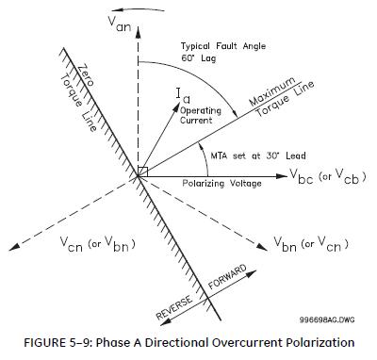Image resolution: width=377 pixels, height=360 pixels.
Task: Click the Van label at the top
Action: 120,24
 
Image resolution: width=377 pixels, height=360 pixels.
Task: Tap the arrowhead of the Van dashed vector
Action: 138,31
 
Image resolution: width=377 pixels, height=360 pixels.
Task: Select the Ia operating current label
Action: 183,95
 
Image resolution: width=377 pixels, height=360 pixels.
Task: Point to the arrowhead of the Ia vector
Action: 174,106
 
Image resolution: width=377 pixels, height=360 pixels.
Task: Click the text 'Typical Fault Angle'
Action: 223,46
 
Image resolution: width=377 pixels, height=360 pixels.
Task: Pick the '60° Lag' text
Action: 199,58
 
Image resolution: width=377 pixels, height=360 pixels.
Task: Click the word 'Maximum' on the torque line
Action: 272,91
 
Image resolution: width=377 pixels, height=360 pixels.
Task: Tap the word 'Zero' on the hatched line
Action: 86,74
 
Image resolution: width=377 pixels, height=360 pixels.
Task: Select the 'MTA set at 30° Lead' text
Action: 258,155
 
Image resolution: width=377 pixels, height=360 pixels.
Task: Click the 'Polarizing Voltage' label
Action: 221,183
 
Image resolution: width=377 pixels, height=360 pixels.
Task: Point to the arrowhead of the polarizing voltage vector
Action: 282,176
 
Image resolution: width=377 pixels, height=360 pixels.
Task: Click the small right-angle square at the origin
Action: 143,172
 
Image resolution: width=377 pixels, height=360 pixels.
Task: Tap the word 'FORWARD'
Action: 227,277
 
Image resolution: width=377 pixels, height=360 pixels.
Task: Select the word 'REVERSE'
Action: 174,307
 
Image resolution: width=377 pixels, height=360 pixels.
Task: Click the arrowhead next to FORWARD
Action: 250,274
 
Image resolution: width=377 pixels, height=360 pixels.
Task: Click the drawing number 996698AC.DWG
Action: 327,319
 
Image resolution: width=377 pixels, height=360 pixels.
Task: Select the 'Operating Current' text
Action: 201,115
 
